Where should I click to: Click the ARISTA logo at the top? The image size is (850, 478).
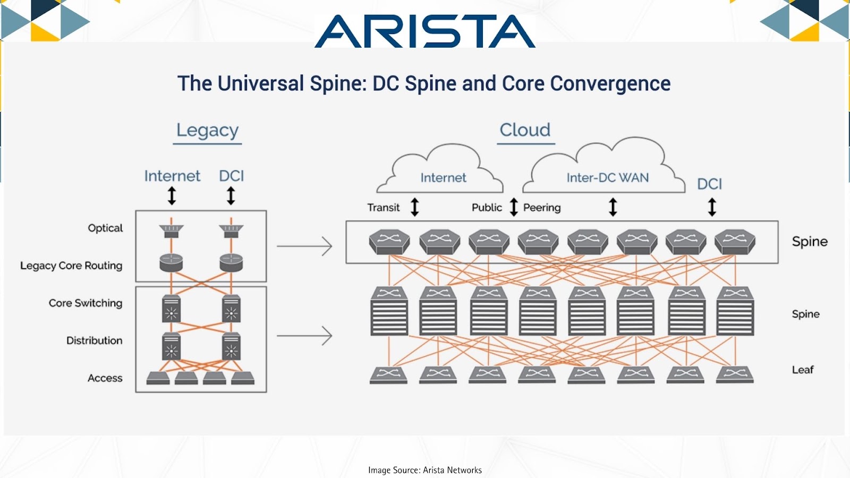point(425,31)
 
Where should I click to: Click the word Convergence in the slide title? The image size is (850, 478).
point(610,83)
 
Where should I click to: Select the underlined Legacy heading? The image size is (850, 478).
point(208,131)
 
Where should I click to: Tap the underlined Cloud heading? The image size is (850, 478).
point(525,130)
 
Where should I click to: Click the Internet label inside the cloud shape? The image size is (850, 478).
point(443,177)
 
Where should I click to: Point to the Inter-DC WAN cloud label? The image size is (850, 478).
point(608,177)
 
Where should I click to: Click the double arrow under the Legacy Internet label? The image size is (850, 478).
point(172,196)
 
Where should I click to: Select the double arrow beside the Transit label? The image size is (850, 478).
point(415,207)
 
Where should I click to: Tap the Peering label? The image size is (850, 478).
point(542,208)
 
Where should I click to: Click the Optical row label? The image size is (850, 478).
point(105,228)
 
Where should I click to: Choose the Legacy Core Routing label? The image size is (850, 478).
point(71,266)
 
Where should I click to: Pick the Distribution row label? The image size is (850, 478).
point(94,340)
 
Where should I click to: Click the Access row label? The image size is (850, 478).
point(105,378)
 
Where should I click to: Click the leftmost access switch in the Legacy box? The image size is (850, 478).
point(158,378)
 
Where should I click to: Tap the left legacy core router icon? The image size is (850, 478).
point(171,263)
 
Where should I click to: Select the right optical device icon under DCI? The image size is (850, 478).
point(231,231)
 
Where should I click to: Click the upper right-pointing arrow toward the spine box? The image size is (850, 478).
point(304,246)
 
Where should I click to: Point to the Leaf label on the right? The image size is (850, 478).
point(803,370)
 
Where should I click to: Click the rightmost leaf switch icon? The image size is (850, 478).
point(735,375)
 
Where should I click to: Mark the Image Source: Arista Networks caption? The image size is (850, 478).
point(425,471)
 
